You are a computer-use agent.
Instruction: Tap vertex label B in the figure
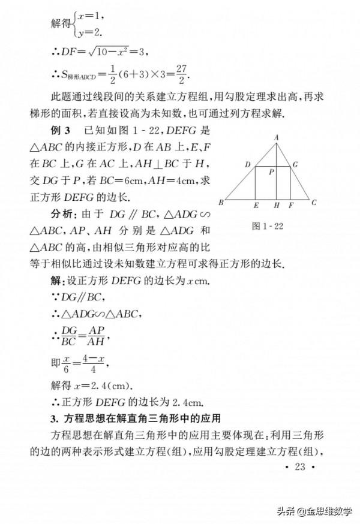(x=221, y=203)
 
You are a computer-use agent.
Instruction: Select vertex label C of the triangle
(x=314, y=203)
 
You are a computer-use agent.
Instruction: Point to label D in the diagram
(x=247, y=164)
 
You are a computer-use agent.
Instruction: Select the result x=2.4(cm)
(x=100, y=385)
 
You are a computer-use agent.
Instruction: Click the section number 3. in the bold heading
(x=54, y=417)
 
